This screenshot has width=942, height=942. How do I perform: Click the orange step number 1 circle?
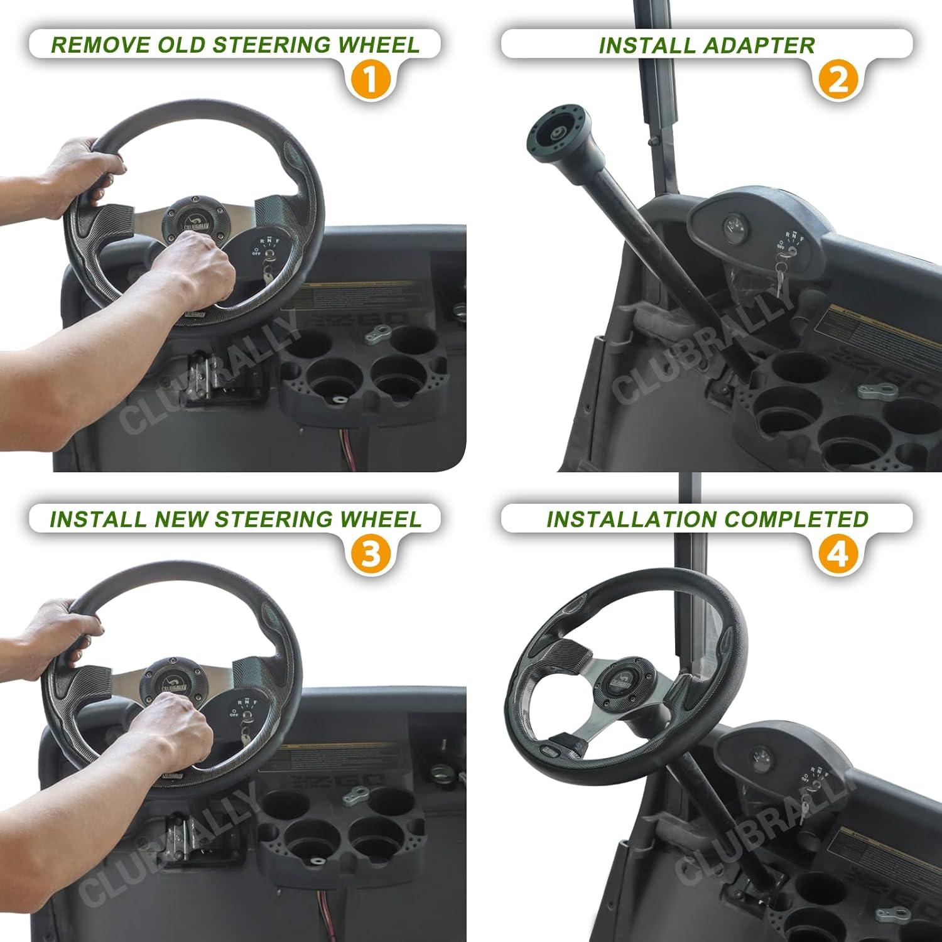pos(370,80)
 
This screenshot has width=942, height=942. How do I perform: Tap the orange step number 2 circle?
pos(838,80)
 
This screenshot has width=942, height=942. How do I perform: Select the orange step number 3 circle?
pos(370,555)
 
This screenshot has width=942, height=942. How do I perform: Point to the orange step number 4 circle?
pos(838,555)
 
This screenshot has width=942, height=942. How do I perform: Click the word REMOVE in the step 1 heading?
pos(100,45)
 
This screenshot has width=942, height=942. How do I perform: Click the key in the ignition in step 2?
pos(782,273)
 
